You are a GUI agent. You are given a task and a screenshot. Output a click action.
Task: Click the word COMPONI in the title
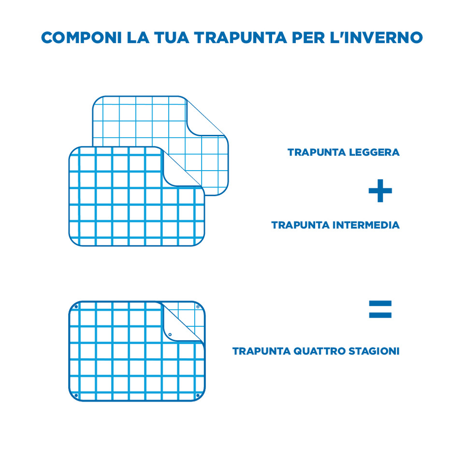(81, 38)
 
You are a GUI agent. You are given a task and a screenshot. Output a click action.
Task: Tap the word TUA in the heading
(171, 38)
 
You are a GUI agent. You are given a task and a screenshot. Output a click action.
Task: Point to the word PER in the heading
(308, 38)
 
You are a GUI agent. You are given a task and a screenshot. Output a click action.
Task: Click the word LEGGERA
(374, 152)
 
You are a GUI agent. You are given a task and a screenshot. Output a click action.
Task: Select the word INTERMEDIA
(366, 225)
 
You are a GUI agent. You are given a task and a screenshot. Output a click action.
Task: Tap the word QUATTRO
(319, 351)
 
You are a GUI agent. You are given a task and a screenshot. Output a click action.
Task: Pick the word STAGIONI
(374, 351)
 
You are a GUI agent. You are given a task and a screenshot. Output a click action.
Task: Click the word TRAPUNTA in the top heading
(240, 38)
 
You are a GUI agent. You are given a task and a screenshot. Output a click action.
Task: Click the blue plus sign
(380, 190)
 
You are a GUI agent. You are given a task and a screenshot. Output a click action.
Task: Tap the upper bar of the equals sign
(380, 304)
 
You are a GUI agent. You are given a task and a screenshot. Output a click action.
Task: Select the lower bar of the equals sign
(380, 315)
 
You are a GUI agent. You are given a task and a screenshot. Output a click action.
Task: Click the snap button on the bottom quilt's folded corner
(170, 334)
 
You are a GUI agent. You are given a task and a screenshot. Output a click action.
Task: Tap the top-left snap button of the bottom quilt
(76, 307)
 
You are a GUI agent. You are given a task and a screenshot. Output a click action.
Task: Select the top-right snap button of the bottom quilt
(198, 307)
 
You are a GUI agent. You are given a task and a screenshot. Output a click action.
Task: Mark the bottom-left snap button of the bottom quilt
(76, 395)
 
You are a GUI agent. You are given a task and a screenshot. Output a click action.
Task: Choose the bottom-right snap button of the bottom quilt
(198, 395)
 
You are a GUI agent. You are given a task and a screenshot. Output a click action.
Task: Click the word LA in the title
(138, 38)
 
